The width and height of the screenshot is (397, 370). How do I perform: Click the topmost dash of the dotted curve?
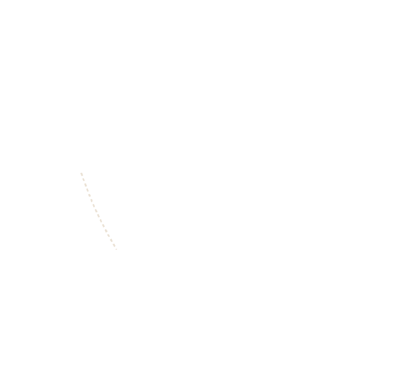point(81,174)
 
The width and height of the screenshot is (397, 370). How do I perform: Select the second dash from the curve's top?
point(84,180)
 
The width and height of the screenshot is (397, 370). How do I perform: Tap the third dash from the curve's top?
point(86,185)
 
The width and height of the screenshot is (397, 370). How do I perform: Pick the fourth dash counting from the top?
point(88,190)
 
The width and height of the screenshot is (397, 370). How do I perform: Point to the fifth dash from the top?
point(89,195)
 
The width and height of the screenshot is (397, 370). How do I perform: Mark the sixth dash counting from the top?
point(91,201)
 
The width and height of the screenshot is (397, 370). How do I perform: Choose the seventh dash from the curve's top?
point(94,206)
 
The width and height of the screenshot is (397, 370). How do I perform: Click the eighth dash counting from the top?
point(96,211)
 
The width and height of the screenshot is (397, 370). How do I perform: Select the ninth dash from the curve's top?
point(98,216)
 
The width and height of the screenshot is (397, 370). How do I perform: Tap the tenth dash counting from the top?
point(101,221)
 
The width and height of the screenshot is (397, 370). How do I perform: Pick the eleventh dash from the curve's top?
point(103,226)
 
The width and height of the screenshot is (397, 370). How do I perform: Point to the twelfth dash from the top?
point(106,231)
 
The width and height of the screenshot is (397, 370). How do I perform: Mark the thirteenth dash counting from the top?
point(108,235)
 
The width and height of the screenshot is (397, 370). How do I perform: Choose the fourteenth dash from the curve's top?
point(111,240)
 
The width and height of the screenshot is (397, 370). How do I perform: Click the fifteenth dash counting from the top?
point(114,245)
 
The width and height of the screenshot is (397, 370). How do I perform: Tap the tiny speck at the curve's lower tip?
point(116,249)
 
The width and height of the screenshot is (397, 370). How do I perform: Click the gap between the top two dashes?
point(83,177)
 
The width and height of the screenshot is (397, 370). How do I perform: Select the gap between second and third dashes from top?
point(85,182)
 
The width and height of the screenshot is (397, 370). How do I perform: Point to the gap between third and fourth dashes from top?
point(86,188)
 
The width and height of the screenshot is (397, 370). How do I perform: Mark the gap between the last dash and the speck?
point(115,248)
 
